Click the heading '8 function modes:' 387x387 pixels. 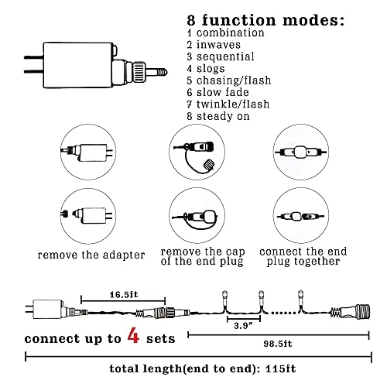coord(265,20)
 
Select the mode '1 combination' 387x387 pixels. coord(226,33)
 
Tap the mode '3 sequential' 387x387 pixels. coord(221,57)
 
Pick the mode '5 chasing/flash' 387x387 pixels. coord(229,80)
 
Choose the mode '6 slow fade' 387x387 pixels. coord(218,92)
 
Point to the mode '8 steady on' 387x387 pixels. coord(218,116)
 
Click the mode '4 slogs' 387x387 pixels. coord(206,69)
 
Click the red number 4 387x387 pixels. coord(133,335)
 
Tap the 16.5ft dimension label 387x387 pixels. coord(124,295)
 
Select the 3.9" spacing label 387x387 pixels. coord(243,326)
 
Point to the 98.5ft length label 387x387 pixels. coord(278,344)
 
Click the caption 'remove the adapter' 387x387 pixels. coord(91,255)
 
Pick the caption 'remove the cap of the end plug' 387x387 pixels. coord(203,257)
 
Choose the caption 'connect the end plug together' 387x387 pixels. coord(303,257)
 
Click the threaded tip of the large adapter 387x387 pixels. coord(161,72)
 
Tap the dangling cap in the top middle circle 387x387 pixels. coord(209,164)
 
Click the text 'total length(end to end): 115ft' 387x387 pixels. coord(203,368)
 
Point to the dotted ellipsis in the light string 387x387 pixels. coord(284,313)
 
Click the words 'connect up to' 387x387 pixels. coord(73,339)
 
